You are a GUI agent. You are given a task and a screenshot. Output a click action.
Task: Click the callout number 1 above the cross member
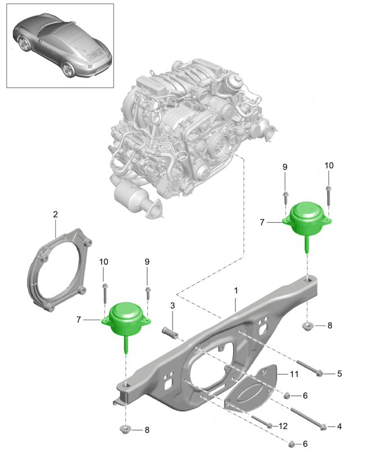tap(237, 290)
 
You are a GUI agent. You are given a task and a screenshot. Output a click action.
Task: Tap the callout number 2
tap(55, 214)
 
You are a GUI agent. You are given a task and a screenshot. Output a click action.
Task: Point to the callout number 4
tap(338, 427)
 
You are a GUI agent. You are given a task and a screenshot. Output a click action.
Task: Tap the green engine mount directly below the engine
tap(307, 218)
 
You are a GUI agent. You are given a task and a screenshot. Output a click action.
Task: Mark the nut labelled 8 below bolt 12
tap(126, 430)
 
